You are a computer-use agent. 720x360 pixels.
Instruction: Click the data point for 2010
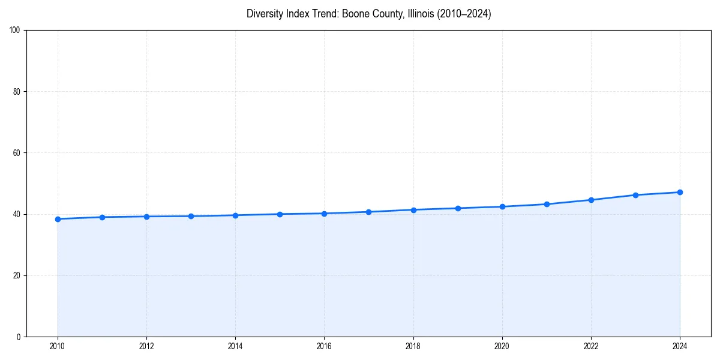[58, 219]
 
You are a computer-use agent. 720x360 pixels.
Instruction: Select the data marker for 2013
[191, 216]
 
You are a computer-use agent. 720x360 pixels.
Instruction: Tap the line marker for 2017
[368, 212]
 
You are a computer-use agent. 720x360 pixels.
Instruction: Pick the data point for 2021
[547, 204]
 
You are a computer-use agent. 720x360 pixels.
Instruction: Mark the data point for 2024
[680, 192]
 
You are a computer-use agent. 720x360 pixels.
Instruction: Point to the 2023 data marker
[635, 195]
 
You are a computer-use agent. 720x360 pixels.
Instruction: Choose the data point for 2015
[280, 214]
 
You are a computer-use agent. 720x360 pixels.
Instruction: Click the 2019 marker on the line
[458, 208]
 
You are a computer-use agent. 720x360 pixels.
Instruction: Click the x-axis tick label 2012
[146, 346]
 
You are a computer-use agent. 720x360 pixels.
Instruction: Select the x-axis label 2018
[413, 346]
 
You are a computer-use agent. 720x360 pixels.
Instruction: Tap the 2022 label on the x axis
[591, 346]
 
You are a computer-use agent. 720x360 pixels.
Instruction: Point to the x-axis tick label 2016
[324, 346]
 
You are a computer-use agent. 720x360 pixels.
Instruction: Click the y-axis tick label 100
[15, 31]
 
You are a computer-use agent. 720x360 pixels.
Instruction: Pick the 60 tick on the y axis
[17, 153]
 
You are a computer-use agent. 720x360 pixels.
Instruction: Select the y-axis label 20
[17, 275]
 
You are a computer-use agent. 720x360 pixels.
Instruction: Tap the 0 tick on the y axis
[19, 337]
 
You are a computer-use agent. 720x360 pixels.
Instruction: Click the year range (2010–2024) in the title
[464, 14]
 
